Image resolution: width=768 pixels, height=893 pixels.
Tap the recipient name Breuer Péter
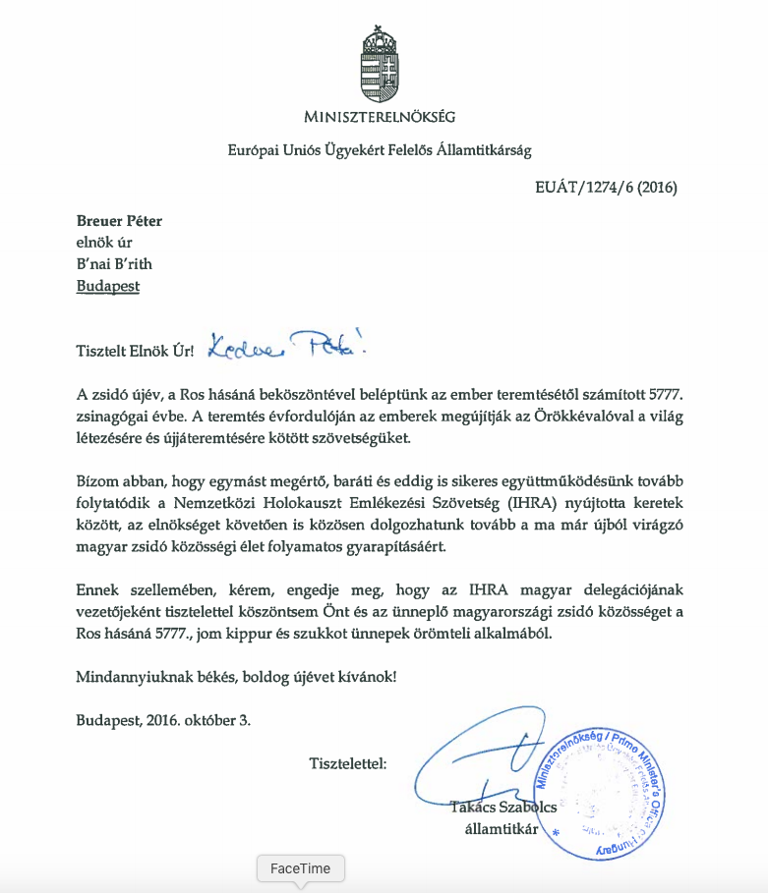tap(119, 221)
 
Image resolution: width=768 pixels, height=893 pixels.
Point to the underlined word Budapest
tap(107, 286)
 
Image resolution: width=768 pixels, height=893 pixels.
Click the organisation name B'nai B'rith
tap(114, 264)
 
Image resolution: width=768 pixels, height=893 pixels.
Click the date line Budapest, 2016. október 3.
tap(163, 719)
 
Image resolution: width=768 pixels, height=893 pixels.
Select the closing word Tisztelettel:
tap(348, 763)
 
